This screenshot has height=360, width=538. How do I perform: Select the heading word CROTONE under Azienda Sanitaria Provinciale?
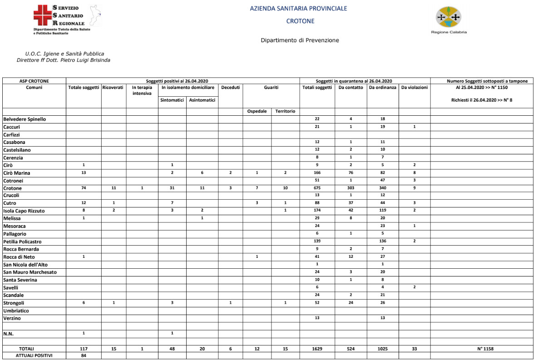[x=300, y=21]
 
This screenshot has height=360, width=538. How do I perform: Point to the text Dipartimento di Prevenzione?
[x=300, y=40]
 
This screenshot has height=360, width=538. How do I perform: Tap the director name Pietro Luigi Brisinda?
[x=84, y=60]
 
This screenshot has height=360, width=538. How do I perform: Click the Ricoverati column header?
[x=113, y=88]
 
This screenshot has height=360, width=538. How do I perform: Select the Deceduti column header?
[x=230, y=88]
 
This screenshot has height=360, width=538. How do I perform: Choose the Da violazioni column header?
[x=415, y=88]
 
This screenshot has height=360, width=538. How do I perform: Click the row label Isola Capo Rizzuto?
[x=24, y=211]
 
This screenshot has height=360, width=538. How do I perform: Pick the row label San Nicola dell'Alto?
[x=25, y=265]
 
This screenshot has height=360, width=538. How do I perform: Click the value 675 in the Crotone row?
[x=317, y=188]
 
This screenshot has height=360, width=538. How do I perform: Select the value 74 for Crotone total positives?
[x=84, y=188]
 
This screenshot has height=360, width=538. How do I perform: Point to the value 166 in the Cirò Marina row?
[x=317, y=173]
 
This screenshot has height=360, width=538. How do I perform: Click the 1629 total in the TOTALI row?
[x=317, y=349]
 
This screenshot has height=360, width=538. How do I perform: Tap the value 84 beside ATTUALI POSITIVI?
[x=84, y=355]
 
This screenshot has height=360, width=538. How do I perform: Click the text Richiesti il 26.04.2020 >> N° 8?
[x=484, y=99]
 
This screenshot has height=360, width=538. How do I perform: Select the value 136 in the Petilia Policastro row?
[x=383, y=242]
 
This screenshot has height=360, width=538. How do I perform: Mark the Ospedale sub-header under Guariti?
[x=257, y=111]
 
